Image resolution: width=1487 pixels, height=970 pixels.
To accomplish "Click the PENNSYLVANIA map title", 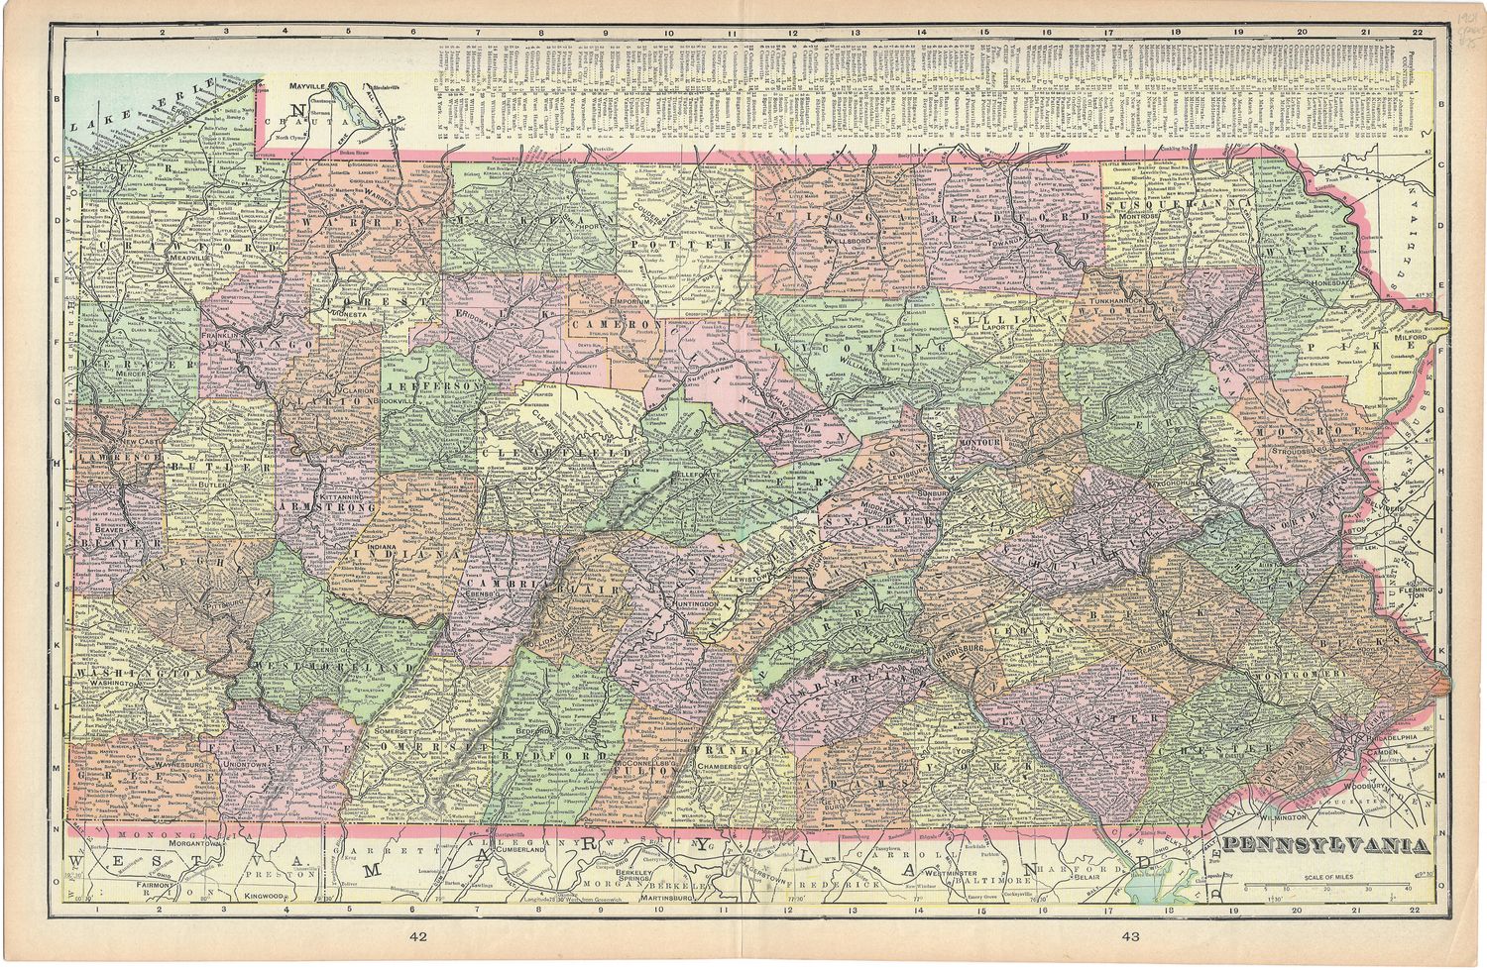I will tap(1325, 845).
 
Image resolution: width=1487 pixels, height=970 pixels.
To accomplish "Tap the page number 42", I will tap(417, 935).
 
